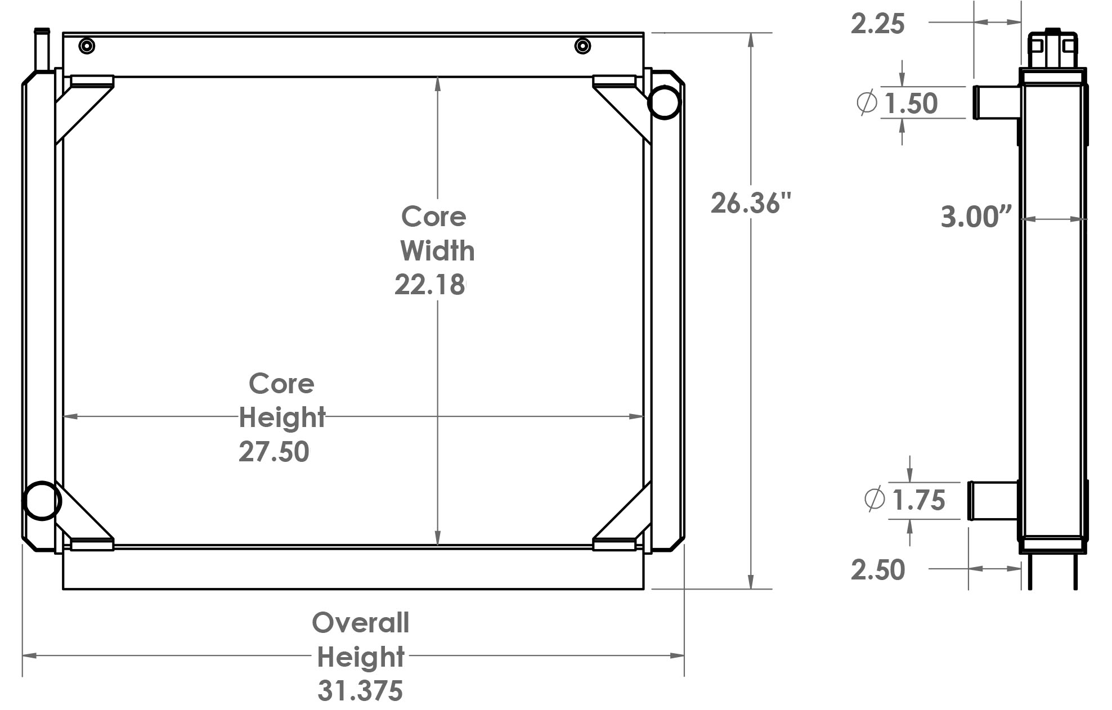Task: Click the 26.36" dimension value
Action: click(x=750, y=204)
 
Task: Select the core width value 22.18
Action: click(x=430, y=285)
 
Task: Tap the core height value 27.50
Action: click(x=273, y=452)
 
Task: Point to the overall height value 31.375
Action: click(x=360, y=691)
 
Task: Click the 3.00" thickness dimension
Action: click(x=976, y=217)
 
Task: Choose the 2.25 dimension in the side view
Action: click(x=877, y=24)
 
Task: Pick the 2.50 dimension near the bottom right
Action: click(x=877, y=570)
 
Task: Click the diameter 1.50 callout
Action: click(x=910, y=104)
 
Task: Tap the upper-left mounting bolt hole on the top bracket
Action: click(x=87, y=46)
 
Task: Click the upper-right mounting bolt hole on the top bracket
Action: click(x=582, y=46)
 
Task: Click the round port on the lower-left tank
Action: click(x=42, y=500)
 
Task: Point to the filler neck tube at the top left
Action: click(x=42, y=51)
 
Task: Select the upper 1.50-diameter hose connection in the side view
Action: click(x=997, y=102)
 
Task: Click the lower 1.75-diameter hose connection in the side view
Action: click(x=993, y=501)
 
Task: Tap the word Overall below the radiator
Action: click(x=360, y=623)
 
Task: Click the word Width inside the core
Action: click(x=437, y=251)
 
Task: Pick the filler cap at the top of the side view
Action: click(x=1052, y=47)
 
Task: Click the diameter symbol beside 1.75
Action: click(x=874, y=498)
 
